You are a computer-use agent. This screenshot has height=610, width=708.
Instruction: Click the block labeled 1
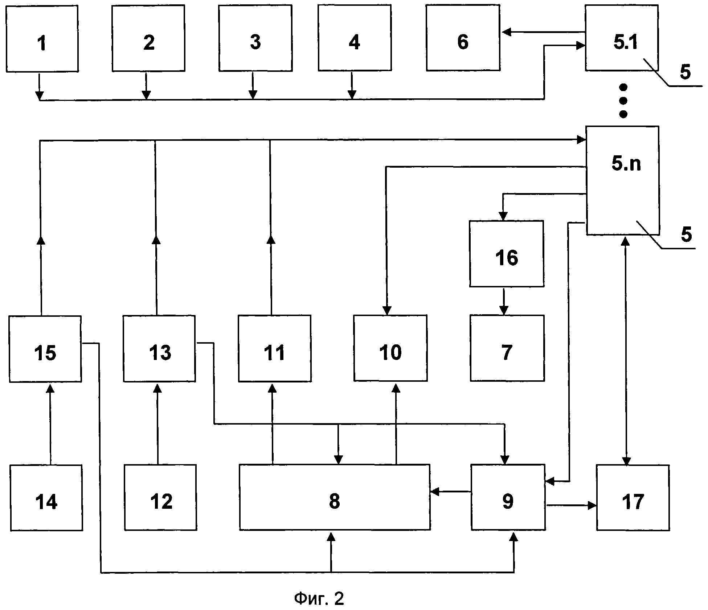42,38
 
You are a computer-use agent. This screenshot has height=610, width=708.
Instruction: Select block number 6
463,38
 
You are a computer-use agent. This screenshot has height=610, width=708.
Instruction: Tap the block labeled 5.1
622,38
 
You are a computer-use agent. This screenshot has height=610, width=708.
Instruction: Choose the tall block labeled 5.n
623,180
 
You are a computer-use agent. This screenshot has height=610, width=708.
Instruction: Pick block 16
507,254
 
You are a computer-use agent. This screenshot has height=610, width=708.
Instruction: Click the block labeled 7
507,348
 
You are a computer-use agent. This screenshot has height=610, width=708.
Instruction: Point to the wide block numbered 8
335,497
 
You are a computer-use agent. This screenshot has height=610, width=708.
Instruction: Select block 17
633,498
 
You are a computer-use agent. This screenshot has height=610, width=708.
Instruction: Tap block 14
46,498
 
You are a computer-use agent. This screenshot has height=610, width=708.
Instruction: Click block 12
160,498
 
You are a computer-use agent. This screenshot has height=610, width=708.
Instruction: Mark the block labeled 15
45,349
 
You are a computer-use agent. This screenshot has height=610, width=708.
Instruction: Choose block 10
390,348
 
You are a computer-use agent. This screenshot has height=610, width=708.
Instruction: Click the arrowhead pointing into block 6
506,32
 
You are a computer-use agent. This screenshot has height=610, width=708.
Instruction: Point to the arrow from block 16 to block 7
503,301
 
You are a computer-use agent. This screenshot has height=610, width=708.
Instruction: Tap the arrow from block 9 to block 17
571,505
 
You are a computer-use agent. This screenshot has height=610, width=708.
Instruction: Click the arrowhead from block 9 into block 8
435,492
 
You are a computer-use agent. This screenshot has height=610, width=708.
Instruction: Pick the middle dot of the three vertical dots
623,101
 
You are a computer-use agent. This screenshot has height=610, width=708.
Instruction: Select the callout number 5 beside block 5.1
685,72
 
